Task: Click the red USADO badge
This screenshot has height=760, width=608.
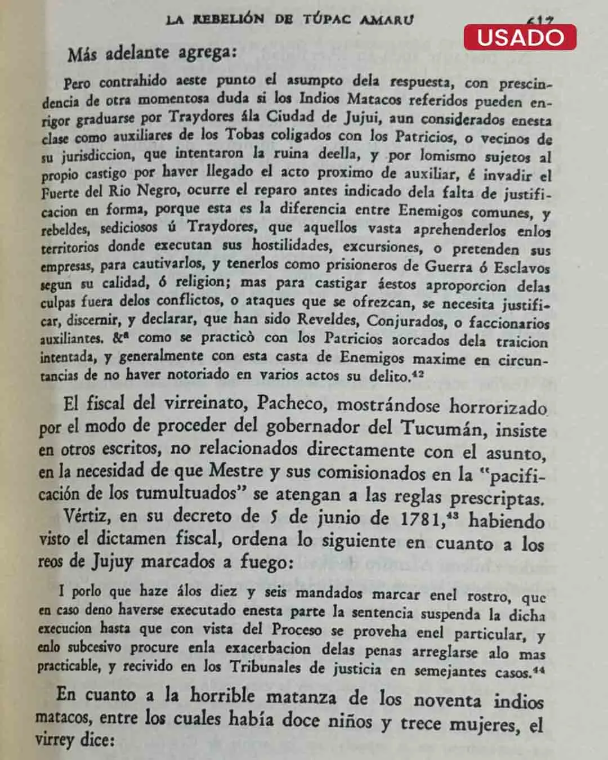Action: (x=520, y=37)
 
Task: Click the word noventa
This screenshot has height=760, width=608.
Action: (x=447, y=700)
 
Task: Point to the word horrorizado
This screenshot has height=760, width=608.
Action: (x=498, y=406)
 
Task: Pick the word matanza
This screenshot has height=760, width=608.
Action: (x=301, y=698)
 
